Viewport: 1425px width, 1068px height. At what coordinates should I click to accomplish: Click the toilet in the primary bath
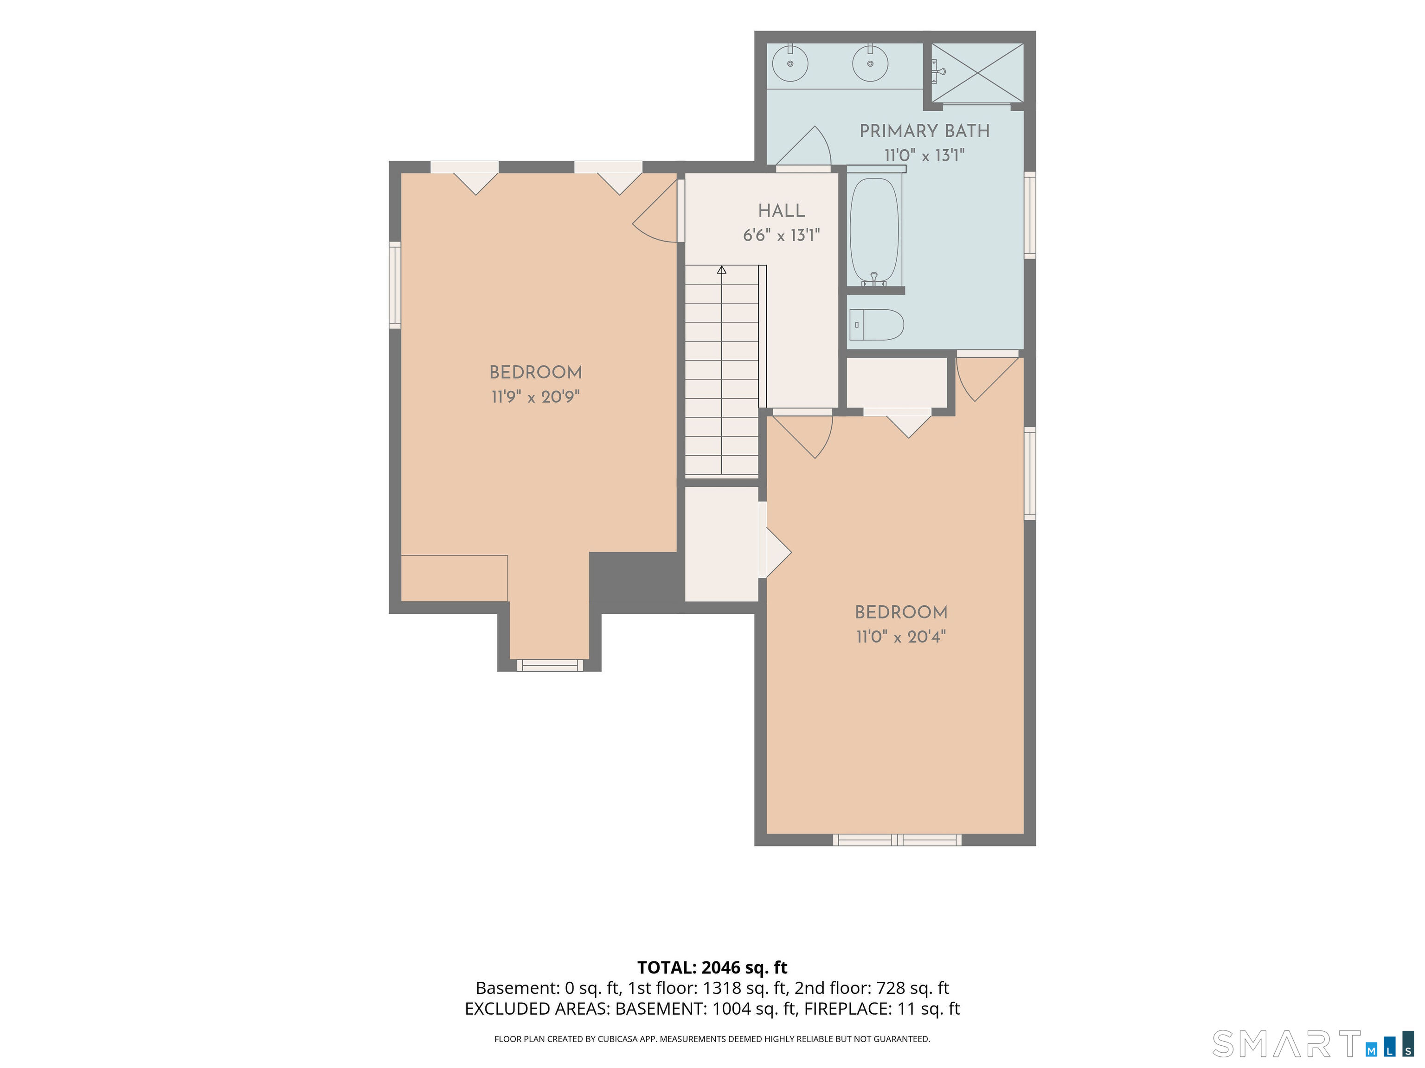(877, 324)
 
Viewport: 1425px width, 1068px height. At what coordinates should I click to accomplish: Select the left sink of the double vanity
(790, 63)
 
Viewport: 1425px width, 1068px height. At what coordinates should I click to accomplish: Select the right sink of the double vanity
(870, 63)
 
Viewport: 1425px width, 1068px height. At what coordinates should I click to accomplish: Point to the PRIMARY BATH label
(924, 131)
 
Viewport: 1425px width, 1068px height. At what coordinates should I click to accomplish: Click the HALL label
(782, 210)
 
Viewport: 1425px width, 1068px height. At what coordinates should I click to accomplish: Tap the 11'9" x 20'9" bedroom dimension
(535, 396)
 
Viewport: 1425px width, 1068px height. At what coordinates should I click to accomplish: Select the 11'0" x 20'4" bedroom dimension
(901, 637)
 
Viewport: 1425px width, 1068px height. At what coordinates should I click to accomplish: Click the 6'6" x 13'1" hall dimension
(782, 235)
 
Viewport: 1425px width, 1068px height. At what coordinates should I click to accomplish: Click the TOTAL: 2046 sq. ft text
(712, 967)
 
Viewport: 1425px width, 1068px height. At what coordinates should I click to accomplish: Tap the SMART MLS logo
(1313, 1043)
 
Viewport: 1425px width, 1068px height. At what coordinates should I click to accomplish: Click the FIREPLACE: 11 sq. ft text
(882, 1009)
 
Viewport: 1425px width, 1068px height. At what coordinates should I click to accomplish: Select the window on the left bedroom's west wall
(395, 285)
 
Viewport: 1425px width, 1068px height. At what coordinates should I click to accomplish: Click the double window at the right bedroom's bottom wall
(897, 839)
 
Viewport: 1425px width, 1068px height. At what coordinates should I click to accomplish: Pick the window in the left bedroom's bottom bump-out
(550, 665)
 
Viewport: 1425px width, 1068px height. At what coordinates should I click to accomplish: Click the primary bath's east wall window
(1030, 215)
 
